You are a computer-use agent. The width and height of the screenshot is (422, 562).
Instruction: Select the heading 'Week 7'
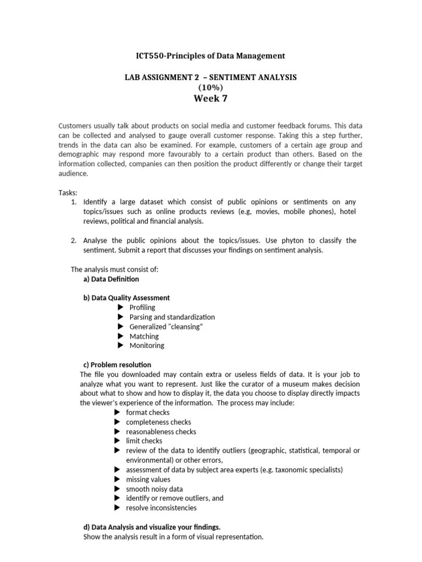click(210, 99)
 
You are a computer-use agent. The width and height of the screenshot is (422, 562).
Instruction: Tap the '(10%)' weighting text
click(210, 87)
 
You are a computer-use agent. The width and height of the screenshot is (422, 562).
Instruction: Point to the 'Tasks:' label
click(68, 193)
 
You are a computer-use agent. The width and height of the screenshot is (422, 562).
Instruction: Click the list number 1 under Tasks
click(74, 203)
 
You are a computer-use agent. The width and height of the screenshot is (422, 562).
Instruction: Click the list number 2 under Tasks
click(74, 241)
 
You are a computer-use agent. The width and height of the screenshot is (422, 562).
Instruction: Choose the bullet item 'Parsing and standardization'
click(172, 317)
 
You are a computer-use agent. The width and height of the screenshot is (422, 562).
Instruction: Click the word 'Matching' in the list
click(144, 336)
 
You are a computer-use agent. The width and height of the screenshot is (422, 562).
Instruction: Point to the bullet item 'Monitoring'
click(147, 346)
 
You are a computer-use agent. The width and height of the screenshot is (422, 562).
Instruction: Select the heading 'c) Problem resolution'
click(116, 364)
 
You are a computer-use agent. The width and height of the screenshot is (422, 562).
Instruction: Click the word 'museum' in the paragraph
click(306, 384)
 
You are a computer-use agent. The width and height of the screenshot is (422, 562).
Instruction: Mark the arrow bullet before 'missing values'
click(117, 479)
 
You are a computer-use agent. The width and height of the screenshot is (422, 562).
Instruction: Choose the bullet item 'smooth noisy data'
click(154, 489)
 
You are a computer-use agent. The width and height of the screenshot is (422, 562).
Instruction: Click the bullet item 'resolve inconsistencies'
click(161, 508)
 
